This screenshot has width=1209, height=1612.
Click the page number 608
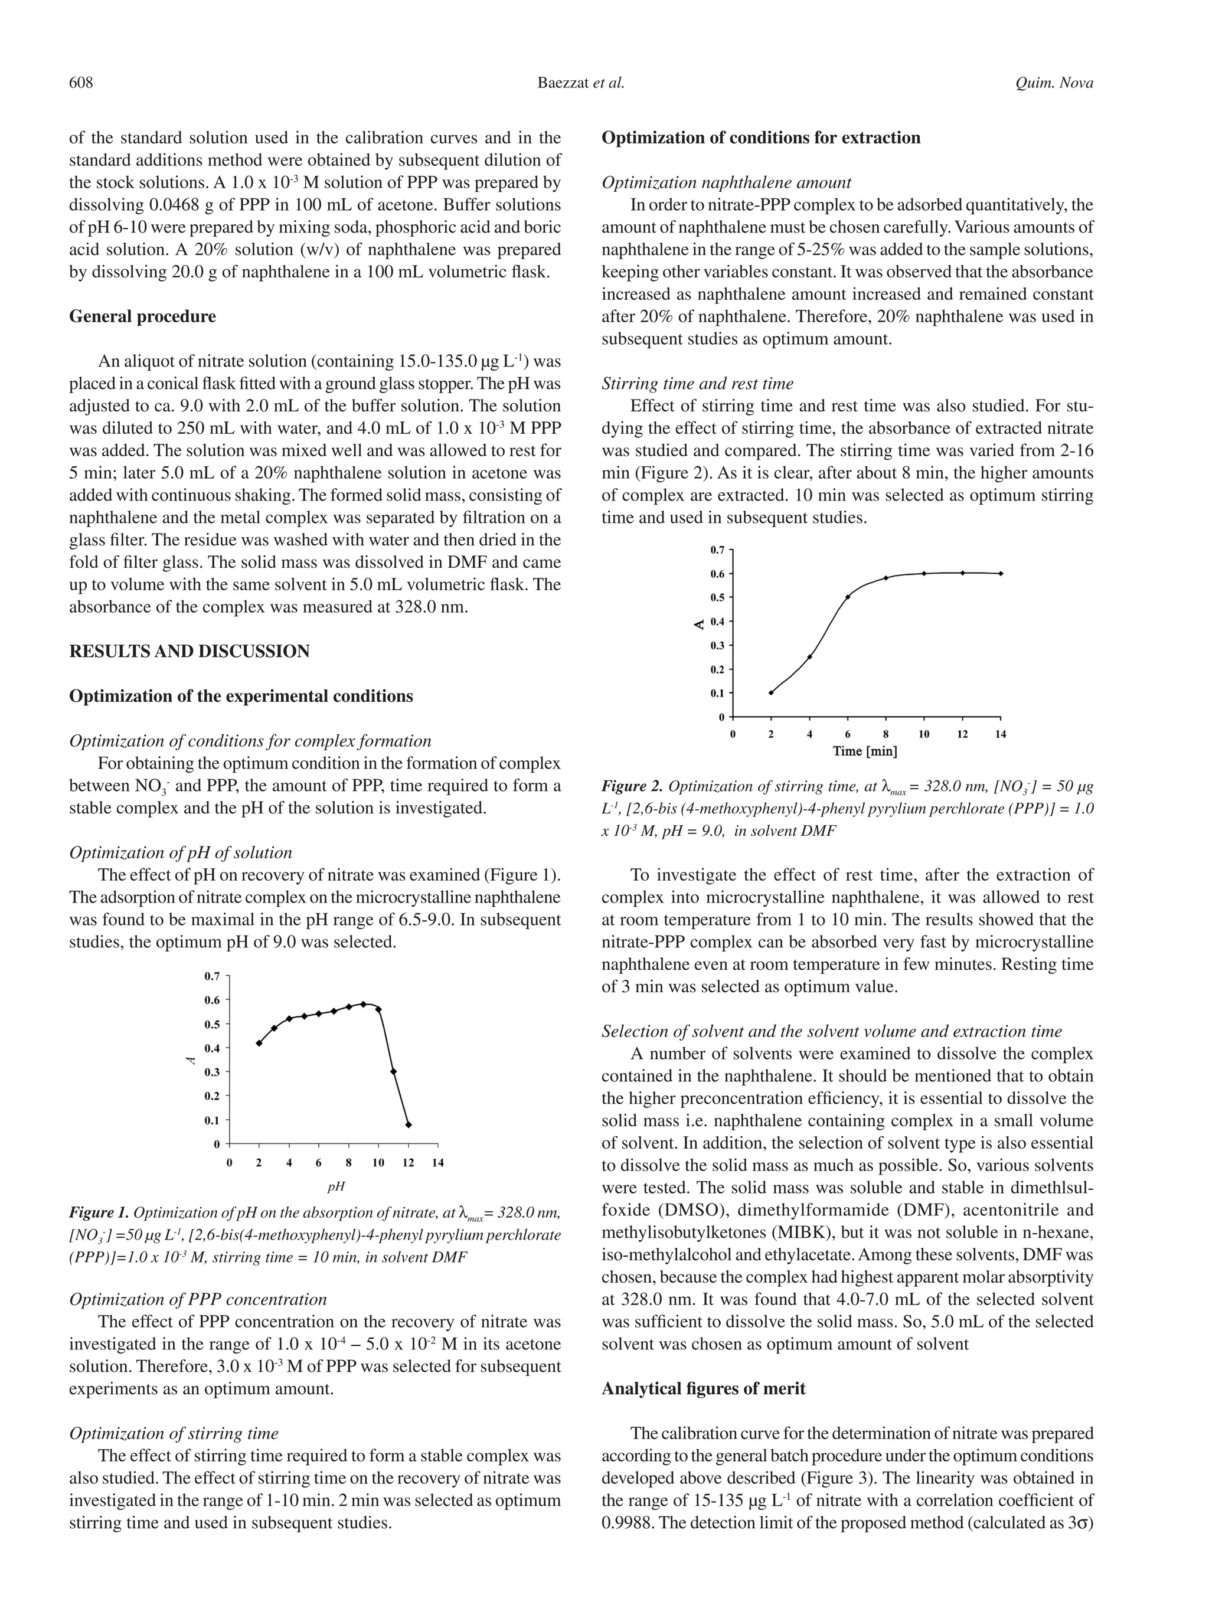coord(81,83)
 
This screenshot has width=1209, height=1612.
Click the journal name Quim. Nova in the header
coord(1054,83)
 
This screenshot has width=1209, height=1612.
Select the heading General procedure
coord(142,316)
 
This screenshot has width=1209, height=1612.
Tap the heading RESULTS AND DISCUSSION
coord(189,652)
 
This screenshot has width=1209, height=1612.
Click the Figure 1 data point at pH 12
coord(408,1124)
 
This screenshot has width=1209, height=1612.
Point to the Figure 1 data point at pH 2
coord(259,1043)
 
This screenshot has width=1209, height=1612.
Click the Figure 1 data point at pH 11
coord(394,1071)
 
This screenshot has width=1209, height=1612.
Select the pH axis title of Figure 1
coord(335,1186)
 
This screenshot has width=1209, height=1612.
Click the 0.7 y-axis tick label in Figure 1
coord(212,976)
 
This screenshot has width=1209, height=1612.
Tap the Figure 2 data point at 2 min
coord(771,692)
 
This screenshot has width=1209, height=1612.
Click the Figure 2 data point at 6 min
coord(848,597)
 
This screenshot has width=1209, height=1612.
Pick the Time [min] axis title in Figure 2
coord(865,751)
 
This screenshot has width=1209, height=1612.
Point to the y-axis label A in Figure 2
coord(698,624)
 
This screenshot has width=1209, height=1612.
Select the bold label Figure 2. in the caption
coord(631,786)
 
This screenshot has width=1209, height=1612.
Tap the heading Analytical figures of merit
coord(703,1389)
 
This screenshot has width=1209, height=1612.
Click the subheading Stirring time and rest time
coord(697,383)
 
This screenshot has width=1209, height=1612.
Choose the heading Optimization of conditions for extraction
coord(760,138)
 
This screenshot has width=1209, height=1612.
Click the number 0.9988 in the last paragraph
coord(628,1523)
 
